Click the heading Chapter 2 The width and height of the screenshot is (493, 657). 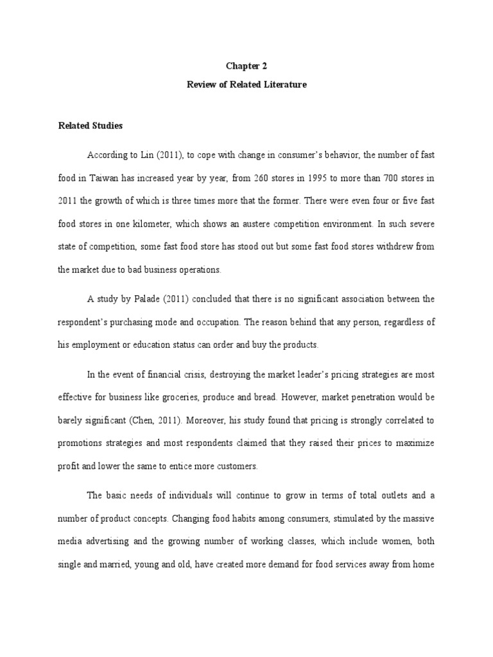tap(246, 66)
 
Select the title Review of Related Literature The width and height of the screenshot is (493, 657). tap(246, 84)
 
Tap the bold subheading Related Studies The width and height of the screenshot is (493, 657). tap(90, 126)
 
